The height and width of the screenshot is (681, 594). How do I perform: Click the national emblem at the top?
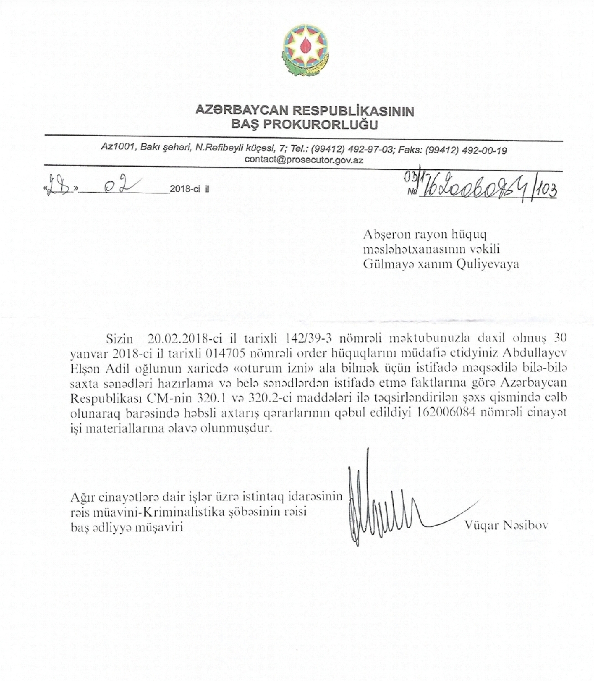click(305, 50)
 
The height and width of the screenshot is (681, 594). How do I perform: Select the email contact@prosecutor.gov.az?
click(304, 160)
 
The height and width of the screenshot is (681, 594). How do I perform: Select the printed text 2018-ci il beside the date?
click(190, 190)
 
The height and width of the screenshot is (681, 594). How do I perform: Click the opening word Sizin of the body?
click(120, 338)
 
